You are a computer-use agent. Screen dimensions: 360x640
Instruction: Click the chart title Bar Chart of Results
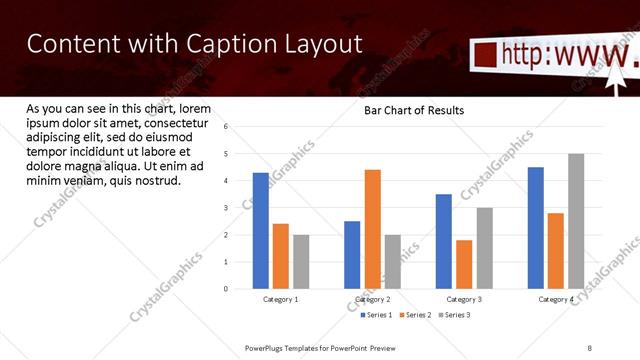(413, 110)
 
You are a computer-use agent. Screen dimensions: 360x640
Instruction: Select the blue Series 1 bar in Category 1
(261, 231)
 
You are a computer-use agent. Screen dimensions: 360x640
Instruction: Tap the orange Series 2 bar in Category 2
(372, 229)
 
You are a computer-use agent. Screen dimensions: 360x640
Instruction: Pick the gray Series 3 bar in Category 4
(576, 221)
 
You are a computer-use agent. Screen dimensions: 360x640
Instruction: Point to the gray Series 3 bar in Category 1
(301, 262)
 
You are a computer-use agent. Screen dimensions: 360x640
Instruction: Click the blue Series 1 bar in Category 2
(352, 255)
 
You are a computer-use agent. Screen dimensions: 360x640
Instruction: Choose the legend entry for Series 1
(378, 315)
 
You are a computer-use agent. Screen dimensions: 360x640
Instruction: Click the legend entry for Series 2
(414, 315)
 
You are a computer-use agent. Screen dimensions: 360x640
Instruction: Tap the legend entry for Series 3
(452, 315)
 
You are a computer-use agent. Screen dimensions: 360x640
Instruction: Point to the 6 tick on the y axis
(226, 127)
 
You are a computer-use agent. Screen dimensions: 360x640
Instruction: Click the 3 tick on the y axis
(226, 208)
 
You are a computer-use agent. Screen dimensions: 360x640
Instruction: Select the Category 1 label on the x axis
(280, 299)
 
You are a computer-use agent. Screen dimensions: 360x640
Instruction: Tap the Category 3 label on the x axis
(464, 299)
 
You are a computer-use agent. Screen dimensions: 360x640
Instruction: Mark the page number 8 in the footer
(590, 347)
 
